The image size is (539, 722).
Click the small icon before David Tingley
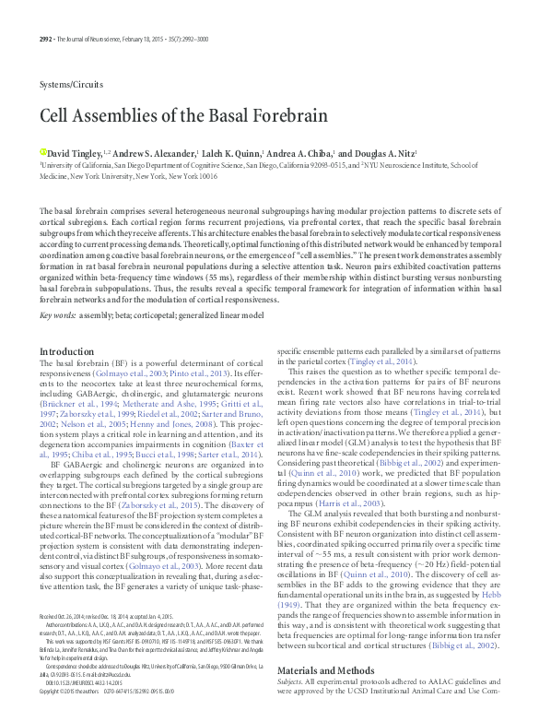42,151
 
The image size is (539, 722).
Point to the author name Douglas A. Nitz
382,152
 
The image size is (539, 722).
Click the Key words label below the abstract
57,314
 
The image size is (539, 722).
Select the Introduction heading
67,351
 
